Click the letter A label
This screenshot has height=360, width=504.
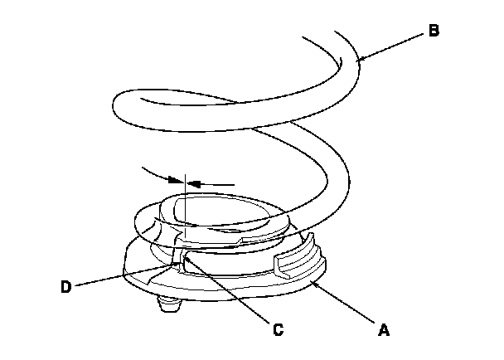(383, 329)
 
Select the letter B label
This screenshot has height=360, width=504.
(434, 32)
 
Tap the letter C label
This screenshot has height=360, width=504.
(279, 329)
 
